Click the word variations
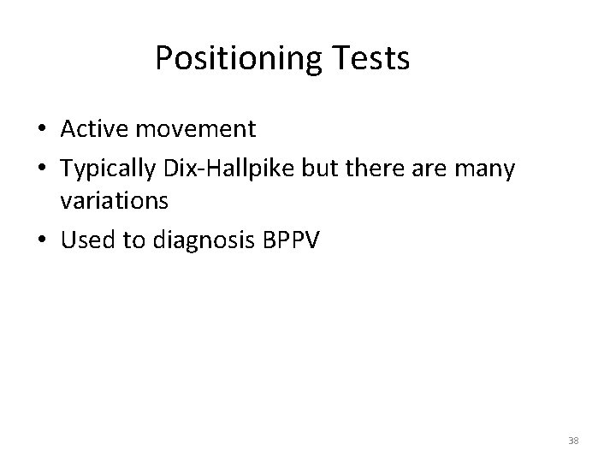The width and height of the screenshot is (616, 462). click(114, 201)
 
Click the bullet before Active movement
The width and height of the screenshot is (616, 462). click(42, 130)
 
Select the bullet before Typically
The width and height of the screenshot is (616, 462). click(42, 170)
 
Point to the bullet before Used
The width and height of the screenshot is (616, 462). click(42, 241)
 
